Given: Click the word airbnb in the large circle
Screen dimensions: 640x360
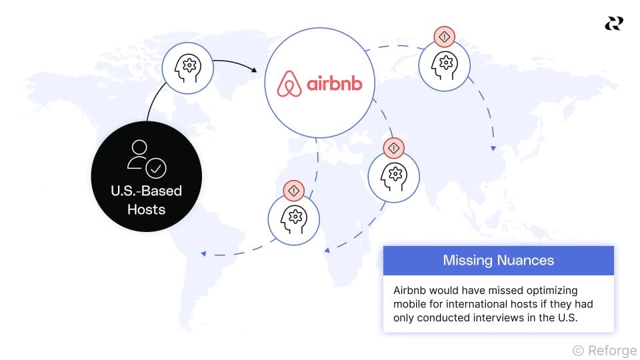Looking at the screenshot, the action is [x=334, y=85].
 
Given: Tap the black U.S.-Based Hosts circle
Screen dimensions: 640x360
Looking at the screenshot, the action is [x=146, y=180].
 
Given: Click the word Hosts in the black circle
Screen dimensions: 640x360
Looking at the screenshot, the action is [x=146, y=209].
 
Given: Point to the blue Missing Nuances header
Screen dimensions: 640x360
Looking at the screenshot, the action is [x=498, y=260].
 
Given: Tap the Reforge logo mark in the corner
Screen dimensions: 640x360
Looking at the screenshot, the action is [x=613, y=23].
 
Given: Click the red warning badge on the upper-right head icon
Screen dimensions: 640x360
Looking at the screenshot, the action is [x=444, y=36].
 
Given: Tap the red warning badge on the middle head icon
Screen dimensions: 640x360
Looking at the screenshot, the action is [x=393, y=147].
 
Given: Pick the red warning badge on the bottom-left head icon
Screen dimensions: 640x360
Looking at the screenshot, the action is [x=293, y=191].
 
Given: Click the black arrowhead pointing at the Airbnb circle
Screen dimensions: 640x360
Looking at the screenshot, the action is [x=255, y=69].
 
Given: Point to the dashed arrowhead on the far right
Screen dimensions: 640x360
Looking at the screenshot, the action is [x=493, y=148].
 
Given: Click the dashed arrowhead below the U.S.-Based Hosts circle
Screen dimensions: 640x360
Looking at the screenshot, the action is [x=204, y=253].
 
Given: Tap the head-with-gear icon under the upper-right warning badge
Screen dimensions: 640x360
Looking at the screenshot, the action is [x=443, y=65].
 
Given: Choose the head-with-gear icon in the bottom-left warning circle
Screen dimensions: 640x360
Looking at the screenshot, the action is [x=293, y=218].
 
